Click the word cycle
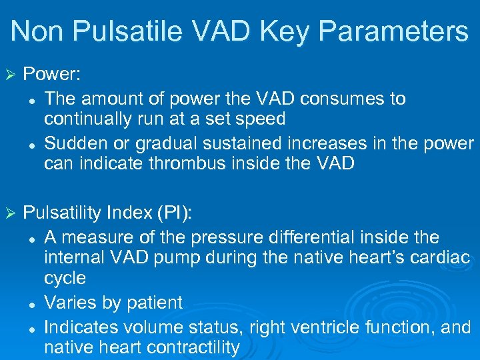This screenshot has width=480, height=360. click(65, 278)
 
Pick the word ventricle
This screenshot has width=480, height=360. click(338, 327)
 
